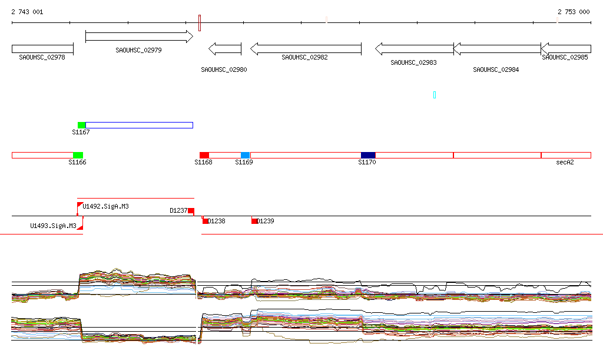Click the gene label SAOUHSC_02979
(138, 51)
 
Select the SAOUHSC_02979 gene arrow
(139, 37)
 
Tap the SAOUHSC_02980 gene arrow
(225, 49)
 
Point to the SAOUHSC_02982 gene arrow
(306, 49)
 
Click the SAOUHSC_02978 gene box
(42, 49)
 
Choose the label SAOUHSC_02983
(413, 62)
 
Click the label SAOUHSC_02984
(496, 70)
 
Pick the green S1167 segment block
(81, 125)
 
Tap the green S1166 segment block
(78, 155)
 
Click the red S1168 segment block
(204, 155)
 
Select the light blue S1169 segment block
(245, 155)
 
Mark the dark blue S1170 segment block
(368, 155)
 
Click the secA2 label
(565, 162)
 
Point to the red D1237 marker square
(191, 211)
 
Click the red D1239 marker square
(254, 221)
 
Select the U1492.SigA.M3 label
(106, 207)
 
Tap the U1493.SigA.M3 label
(53, 226)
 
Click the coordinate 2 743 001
(27, 12)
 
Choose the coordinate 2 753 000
(574, 12)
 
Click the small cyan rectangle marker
(435, 95)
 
